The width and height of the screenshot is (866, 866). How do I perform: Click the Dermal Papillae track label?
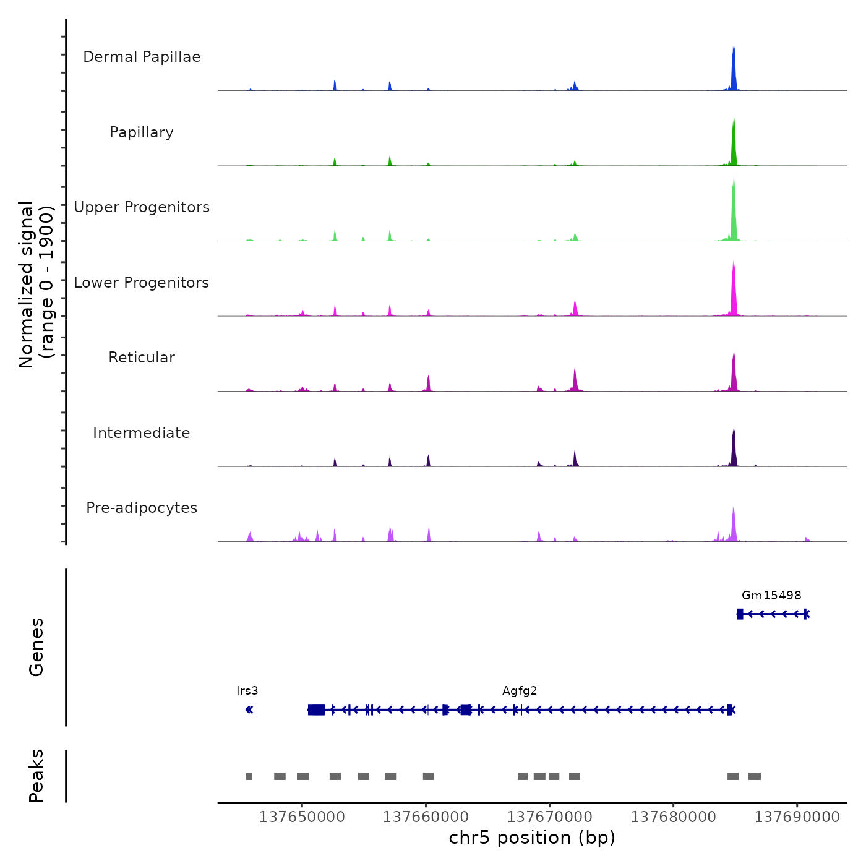point(142,57)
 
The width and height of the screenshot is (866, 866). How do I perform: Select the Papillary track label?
point(142,132)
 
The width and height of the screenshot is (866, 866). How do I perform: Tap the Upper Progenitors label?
point(142,207)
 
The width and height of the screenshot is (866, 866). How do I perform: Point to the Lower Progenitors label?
point(142,283)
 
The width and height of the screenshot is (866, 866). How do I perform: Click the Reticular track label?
point(142,358)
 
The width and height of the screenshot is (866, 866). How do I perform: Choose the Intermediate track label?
point(142,433)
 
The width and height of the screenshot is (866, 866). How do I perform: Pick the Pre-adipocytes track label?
point(142,508)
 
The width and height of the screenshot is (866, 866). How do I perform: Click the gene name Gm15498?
point(771,596)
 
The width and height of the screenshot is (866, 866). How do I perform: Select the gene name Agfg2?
point(520,691)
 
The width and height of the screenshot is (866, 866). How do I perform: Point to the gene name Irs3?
point(247,691)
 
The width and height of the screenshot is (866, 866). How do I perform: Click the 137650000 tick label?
point(302,817)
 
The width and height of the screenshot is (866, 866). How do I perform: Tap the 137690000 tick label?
point(797,817)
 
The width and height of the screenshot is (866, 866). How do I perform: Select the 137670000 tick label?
point(550,817)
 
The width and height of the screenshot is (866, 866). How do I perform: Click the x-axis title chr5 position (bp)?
point(532,838)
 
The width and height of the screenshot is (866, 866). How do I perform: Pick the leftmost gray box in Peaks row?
point(249,776)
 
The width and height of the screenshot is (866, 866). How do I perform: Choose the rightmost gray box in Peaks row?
point(755,776)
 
